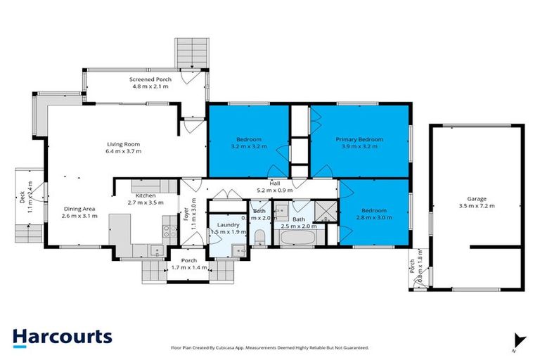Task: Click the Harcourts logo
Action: (x=62, y=336)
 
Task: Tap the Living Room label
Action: (x=124, y=144)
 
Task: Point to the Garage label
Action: (x=477, y=199)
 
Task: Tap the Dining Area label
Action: (x=79, y=209)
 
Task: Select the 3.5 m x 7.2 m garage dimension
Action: (x=477, y=206)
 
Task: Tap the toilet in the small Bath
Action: (x=259, y=236)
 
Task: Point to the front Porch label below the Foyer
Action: (x=179, y=260)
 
